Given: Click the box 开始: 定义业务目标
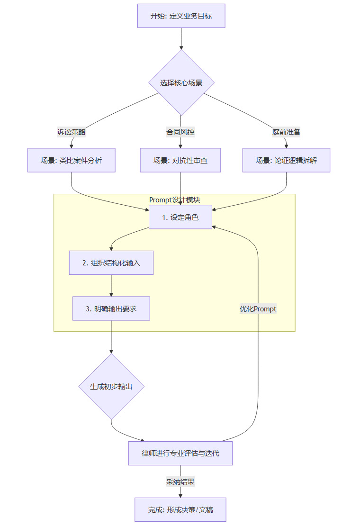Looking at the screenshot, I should coord(181,16).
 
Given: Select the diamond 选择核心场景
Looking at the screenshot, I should coord(181,83).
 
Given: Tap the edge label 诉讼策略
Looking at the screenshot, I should coord(72,132).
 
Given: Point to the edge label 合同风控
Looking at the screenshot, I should coord(180,132).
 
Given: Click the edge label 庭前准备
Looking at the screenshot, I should coord(286,132).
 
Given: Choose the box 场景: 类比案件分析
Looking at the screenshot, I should coord(72,160).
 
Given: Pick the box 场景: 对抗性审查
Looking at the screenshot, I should coord(180,160).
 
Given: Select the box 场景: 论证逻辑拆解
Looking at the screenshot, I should coord(286,160).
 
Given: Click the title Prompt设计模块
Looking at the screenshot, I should coord(174,200).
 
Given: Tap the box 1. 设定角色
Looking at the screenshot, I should coord(180,217).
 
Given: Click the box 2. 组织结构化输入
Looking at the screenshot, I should coord(111,263).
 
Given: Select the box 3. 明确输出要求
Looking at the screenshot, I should coord(111,309).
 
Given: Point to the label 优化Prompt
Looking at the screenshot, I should coord(258,309).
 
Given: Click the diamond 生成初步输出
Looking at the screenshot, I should coord(111,386).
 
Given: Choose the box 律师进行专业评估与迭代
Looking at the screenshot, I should coord(180,453).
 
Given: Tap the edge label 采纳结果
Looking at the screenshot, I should coord(180,482).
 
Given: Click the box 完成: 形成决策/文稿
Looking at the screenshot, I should coord(180,509).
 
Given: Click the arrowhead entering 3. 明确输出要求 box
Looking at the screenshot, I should coord(111,294).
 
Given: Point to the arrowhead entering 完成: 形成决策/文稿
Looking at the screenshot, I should coord(180,495).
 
